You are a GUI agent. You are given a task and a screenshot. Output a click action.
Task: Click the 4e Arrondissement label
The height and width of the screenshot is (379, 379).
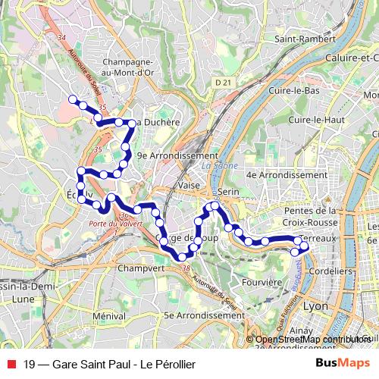pyautogui.click(x=287, y=174)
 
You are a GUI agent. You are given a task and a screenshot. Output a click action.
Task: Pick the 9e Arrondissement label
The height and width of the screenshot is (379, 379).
pyautogui.click(x=177, y=155)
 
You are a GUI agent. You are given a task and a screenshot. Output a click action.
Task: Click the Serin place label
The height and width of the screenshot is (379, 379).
pyautogui.click(x=230, y=193)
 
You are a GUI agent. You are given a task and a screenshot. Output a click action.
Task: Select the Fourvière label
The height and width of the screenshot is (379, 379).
pyautogui.click(x=262, y=282)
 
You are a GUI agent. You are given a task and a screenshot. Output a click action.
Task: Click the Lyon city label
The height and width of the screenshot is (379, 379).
pyautogui.click(x=315, y=306)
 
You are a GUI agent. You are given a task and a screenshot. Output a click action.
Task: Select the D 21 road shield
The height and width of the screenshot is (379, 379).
pyautogui.click(x=221, y=81)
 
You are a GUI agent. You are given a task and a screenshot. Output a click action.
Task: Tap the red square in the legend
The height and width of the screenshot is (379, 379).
pyautogui.click(x=9, y=364)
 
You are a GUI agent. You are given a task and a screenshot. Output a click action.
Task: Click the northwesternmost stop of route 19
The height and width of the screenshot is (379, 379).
pyautogui.click(x=73, y=99)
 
